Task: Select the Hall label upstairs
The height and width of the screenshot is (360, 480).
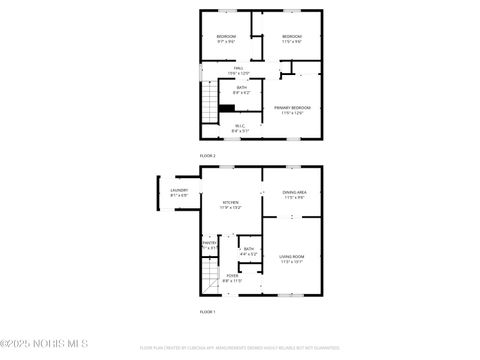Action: pyautogui.click(x=239, y=68)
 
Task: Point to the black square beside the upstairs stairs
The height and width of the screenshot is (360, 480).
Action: pyautogui.click(x=227, y=109)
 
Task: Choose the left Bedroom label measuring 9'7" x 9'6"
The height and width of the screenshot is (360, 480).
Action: pyautogui.click(x=226, y=37)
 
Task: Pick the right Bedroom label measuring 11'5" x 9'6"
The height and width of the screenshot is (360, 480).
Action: pyautogui.click(x=292, y=37)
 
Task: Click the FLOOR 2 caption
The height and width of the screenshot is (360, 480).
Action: pyautogui.click(x=208, y=156)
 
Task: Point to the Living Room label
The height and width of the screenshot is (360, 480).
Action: pyautogui.click(x=292, y=257)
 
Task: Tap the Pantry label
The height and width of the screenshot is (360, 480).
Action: pyautogui.click(x=209, y=243)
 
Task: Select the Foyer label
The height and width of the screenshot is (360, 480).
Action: pyautogui.click(x=232, y=276)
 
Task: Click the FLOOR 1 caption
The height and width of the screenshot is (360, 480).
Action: pyautogui.click(x=208, y=312)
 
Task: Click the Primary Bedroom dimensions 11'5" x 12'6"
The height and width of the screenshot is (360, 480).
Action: pyautogui.click(x=293, y=113)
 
